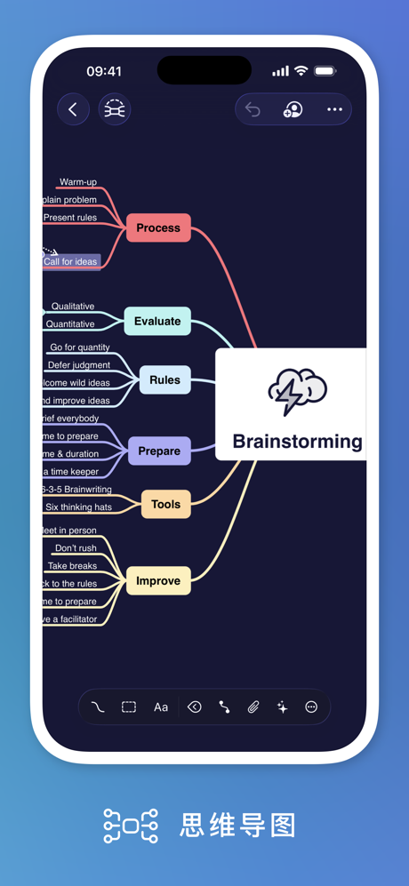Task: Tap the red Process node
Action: [158, 228]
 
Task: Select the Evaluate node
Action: [157, 322]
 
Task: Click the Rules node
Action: [164, 380]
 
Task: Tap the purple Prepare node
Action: [159, 451]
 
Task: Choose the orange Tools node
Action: [165, 505]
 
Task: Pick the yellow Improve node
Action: [158, 581]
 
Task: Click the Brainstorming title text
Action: [297, 442]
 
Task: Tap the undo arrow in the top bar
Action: [253, 109]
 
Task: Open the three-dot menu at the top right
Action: [334, 109]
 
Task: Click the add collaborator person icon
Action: [293, 109]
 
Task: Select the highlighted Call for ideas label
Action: [70, 261]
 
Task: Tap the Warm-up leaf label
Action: [78, 182]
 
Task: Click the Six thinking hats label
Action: [78, 507]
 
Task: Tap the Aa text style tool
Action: [161, 707]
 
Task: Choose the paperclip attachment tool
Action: [253, 707]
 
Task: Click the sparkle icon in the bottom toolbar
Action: [282, 707]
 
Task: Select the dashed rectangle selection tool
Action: [129, 707]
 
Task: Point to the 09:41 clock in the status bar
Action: [104, 71]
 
